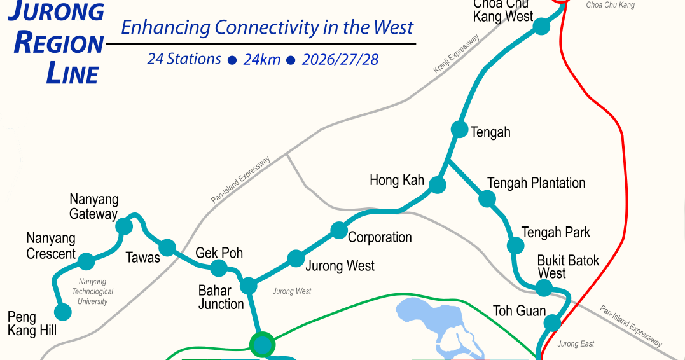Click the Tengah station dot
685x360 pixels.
coord(459,129)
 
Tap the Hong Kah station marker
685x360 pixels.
coord(437,185)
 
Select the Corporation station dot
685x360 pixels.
coord(339,230)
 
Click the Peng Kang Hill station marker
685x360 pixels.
coord(62,312)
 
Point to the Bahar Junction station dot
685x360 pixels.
coord(248,286)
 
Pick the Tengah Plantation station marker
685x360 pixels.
coord(487,198)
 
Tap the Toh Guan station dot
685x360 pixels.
coord(553,323)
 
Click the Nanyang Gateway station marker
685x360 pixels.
coord(124,226)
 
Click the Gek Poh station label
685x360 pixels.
coord(219,253)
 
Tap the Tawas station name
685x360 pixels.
coord(143,258)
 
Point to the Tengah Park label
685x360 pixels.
coord(555,232)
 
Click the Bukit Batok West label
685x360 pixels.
coord(560,267)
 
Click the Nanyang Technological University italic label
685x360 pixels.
coord(92,291)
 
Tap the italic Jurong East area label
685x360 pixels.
coord(576,344)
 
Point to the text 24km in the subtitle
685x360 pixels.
coord(261,60)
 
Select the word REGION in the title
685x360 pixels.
coord(59,43)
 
